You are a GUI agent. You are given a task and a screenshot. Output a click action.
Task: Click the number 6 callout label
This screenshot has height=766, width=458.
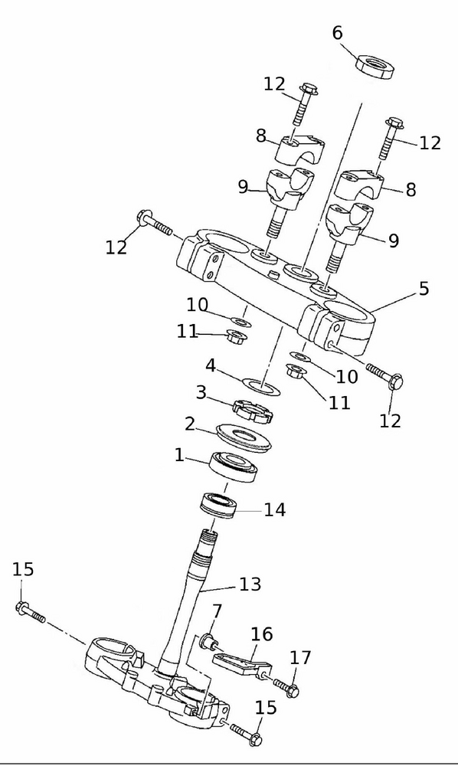click(337, 33)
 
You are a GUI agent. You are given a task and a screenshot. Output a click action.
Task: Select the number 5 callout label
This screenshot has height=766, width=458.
click(424, 289)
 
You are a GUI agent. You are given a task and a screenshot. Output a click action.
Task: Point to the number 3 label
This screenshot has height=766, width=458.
click(201, 393)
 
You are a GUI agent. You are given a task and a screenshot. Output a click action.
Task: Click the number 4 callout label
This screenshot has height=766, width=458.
click(210, 364)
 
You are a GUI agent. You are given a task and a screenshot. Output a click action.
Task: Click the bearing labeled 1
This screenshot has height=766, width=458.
click(234, 466)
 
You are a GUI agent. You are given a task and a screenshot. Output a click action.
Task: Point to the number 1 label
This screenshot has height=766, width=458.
click(179, 455)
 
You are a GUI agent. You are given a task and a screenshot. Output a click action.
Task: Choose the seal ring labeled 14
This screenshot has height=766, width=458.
click(221, 506)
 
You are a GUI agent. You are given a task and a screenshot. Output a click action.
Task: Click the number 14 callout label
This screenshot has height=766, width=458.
click(274, 509)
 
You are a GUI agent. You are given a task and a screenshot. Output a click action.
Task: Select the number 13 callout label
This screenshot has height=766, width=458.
click(250, 584)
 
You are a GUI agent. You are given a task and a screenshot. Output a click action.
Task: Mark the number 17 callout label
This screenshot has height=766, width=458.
click(300, 657)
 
